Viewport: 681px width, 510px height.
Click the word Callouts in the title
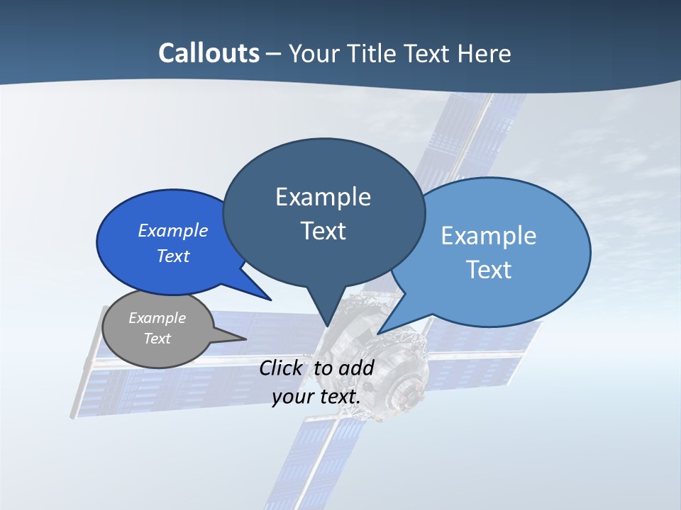pyautogui.click(x=209, y=53)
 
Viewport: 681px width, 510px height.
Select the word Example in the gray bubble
pyautogui.click(x=157, y=318)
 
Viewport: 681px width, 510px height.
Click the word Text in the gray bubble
pyautogui.click(x=157, y=339)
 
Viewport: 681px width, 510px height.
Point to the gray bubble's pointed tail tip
pyautogui.click(x=245, y=338)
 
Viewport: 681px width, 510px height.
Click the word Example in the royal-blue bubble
pyautogui.click(x=172, y=230)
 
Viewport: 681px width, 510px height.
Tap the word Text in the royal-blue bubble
pyautogui.click(x=172, y=256)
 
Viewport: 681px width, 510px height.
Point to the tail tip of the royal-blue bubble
pyautogui.click(x=271, y=300)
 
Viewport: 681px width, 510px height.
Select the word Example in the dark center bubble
pyautogui.click(x=323, y=197)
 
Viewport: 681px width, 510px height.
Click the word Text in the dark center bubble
pyautogui.click(x=323, y=231)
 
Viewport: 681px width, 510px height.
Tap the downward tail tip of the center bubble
pyautogui.click(x=327, y=326)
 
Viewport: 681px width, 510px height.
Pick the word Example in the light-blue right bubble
pyautogui.click(x=488, y=236)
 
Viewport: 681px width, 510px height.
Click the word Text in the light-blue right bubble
pyautogui.click(x=488, y=270)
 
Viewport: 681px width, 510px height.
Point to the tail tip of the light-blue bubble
pyautogui.click(x=378, y=333)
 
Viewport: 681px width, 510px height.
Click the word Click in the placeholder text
pyautogui.click(x=282, y=368)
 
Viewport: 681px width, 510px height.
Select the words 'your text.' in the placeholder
pyautogui.click(x=316, y=397)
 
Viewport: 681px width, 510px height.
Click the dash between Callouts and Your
pyautogui.click(x=275, y=54)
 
